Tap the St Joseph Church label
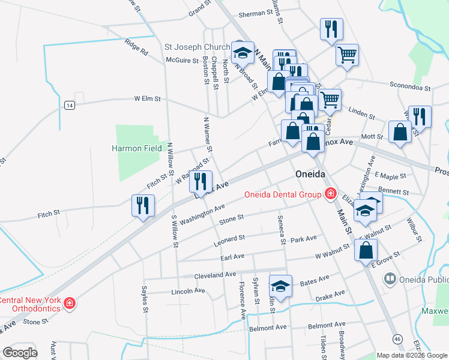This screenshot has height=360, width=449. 197,47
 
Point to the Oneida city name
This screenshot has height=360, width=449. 310,173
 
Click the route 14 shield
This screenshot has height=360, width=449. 70,105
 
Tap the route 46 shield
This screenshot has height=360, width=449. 398,339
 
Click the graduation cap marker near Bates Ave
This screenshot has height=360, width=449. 280,286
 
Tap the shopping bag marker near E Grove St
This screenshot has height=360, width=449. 366,250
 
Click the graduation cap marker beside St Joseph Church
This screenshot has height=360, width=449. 243,53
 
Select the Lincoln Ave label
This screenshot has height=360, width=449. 188,291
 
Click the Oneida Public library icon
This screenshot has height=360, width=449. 390,279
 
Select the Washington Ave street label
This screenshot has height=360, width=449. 202,214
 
